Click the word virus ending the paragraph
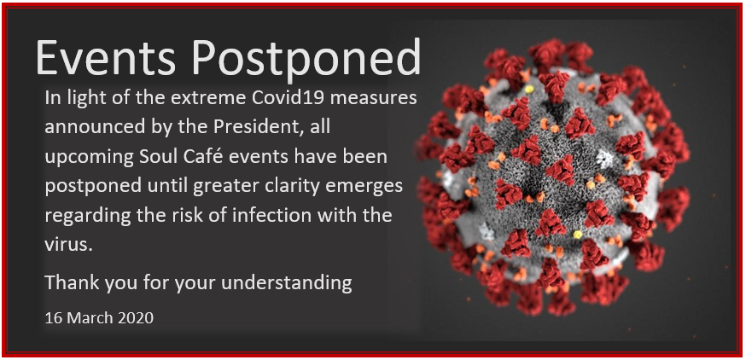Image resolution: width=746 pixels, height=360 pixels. point(67,246)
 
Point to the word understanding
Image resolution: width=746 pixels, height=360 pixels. point(287,284)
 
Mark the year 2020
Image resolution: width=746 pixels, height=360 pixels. point(134,317)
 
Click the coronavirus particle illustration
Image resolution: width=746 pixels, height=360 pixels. point(552,178)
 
